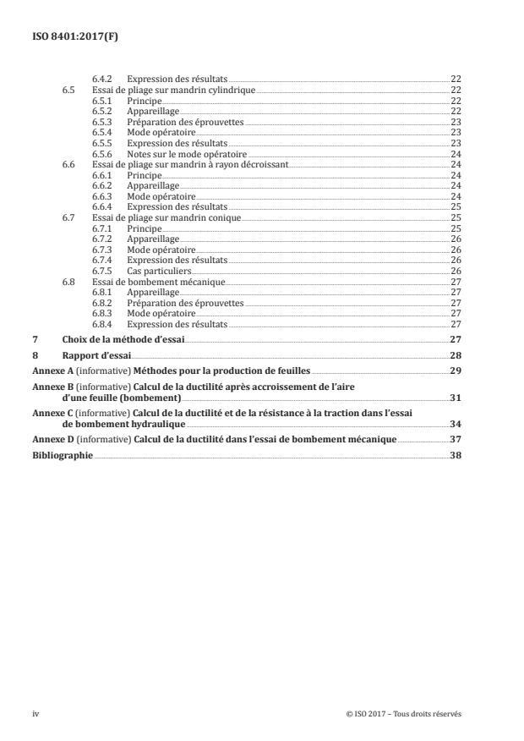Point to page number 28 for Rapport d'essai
click(x=456, y=356)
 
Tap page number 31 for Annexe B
click(x=456, y=397)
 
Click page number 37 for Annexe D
click(x=456, y=441)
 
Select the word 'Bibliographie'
click(x=63, y=457)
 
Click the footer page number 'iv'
click(x=36, y=714)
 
